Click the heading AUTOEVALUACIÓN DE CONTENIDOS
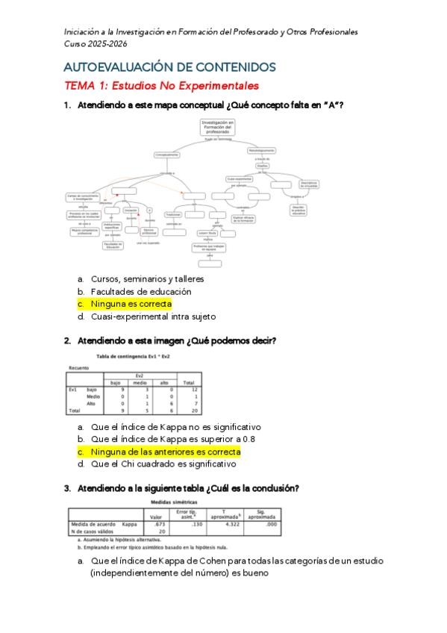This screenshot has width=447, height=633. (x=169, y=67)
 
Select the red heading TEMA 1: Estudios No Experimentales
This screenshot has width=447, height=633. (x=161, y=86)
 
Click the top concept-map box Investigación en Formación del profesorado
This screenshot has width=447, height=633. (x=218, y=128)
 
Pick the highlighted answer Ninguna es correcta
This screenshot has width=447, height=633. (x=131, y=304)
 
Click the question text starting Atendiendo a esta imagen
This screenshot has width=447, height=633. (x=175, y=341)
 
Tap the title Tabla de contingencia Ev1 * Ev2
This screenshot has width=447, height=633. (x=146, y=357)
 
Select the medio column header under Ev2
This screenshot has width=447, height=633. (x=140, y=383)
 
